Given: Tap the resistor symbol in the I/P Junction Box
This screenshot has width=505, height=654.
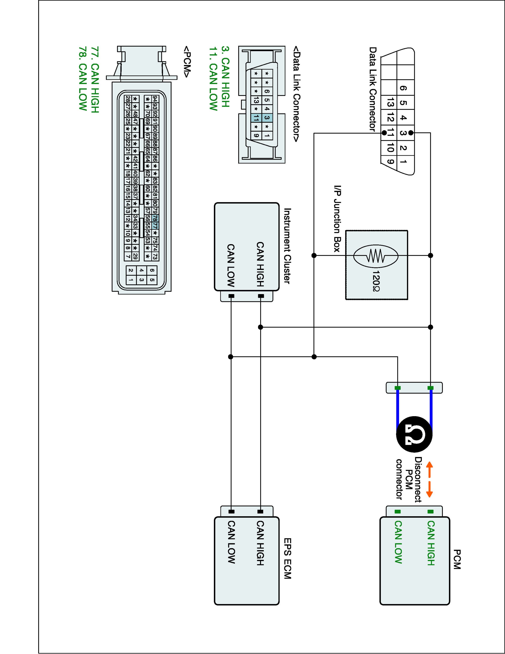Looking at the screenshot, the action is coord(376,256).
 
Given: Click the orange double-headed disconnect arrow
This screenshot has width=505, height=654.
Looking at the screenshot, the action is coord(429,479).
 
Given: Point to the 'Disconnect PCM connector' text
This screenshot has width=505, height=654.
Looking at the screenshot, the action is coord(408,479).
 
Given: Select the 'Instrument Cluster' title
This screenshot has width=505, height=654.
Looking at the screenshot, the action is coord(287,246).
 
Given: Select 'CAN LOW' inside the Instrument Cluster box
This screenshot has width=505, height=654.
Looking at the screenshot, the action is coord(231,265).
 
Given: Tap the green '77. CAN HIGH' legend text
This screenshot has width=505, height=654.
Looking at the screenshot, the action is coord(95,79).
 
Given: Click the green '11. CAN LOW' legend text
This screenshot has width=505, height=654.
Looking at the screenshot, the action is coord(213,79).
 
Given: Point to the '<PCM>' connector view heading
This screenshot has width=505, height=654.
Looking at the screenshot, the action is coord(187,62).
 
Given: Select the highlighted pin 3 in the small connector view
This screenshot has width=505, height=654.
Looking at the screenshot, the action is coord(267,118).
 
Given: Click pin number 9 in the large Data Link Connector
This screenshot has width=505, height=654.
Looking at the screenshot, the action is coord(390,162).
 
